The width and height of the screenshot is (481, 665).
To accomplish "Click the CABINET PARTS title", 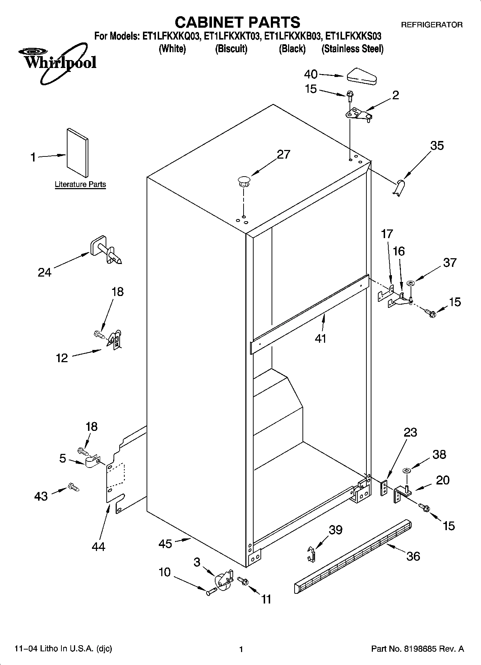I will pyautogui.click(x=237, y=22).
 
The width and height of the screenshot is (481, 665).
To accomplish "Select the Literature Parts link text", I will pyautogui.click(x=80, y=185).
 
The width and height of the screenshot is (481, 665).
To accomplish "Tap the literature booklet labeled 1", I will pyautogui.click(x=77, y=152).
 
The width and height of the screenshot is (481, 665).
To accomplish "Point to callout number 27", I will pyautogui.click(x=283, y=154).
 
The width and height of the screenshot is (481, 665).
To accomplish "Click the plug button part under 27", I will pyautogui.click(x=244, y=181).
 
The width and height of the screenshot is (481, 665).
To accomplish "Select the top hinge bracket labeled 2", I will pyautogui.click(x=359, y=115).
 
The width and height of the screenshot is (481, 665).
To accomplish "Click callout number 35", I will pyautogui.click(x=437, y=146).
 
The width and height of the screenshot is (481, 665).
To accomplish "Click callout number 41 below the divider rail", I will pyautogui.click(x=320, y=338).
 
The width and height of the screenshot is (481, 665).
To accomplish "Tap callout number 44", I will pyautogui.click(x=98, y=547).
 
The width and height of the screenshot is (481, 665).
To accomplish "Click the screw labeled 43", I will pyautogui.click(x=73, y=488).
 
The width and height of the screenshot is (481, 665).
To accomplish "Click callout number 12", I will pyautogui.click(x=62, y=358).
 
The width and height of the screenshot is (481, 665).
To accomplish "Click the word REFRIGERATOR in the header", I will pyautogui.click(x=431, y=25).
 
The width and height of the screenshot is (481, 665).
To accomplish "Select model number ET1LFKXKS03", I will pyautogui.click(x=353, y=36).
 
